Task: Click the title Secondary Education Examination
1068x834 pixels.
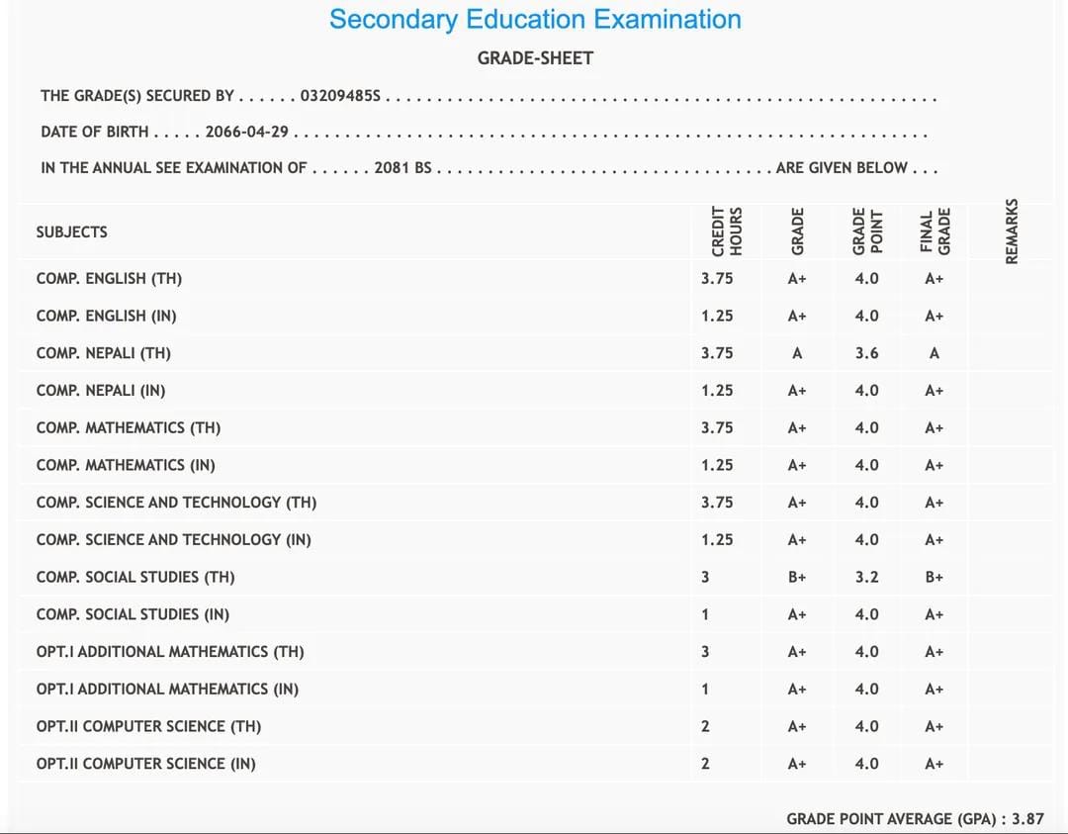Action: pos(535,20)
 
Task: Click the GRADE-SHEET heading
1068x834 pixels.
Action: pos(535,58)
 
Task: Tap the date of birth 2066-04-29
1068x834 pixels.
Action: pos(246,132)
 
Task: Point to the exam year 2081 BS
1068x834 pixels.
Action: pos(402,168)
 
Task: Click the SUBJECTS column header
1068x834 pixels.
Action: pos(71,232)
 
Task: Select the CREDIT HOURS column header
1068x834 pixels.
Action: pos(726,232)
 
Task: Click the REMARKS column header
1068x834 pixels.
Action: pos(1012,232)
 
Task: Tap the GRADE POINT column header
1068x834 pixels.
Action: pos(866,232)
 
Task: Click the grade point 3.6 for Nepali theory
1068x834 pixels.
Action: pos(866,353)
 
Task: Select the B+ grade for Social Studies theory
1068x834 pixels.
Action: pos(797,577)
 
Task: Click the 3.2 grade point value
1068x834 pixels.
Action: pos(866,577)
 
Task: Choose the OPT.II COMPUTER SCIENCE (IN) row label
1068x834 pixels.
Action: pos(145,764)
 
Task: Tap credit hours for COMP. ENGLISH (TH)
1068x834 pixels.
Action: pos(717,279)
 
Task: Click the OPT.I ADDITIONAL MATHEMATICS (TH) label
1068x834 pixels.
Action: pos(170,652)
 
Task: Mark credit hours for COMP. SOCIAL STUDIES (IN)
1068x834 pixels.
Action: pos(705,614)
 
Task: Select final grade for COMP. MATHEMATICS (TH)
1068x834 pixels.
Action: pos(934,428)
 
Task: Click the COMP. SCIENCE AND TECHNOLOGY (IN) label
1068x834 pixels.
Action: pos(173,540)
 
